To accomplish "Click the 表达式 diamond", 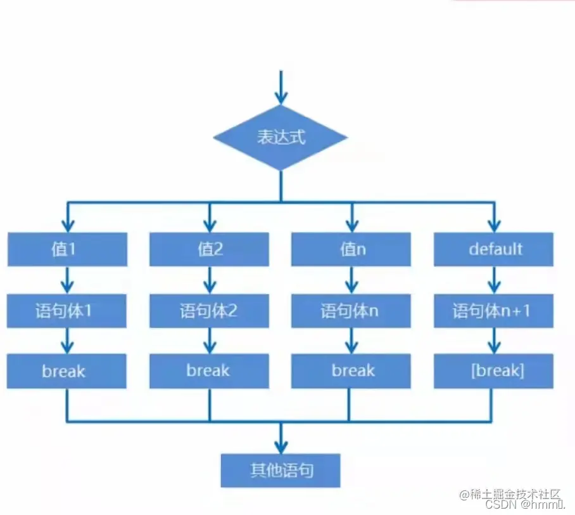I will [x=281, y=138].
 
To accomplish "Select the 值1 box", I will [x=67, y=249].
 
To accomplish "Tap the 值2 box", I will [x=209, y=249].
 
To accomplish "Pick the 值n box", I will [x=351, y=249].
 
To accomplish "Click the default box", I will [x=494, y=249].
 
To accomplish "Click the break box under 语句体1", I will [x=67, y=371].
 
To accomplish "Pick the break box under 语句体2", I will [x=209, y=371].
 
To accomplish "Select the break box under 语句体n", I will [x=351, y=371].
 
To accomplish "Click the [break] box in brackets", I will [x=494, y=371].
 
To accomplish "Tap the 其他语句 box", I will [x=281, y=471].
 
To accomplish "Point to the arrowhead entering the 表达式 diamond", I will [x=281, y=97].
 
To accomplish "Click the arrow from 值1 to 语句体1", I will [x=67, y=280].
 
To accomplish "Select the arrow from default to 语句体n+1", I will [x=494, y=280].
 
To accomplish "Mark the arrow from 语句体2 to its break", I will [x=209, y=341].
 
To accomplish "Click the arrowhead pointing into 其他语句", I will [x=281, y=445].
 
